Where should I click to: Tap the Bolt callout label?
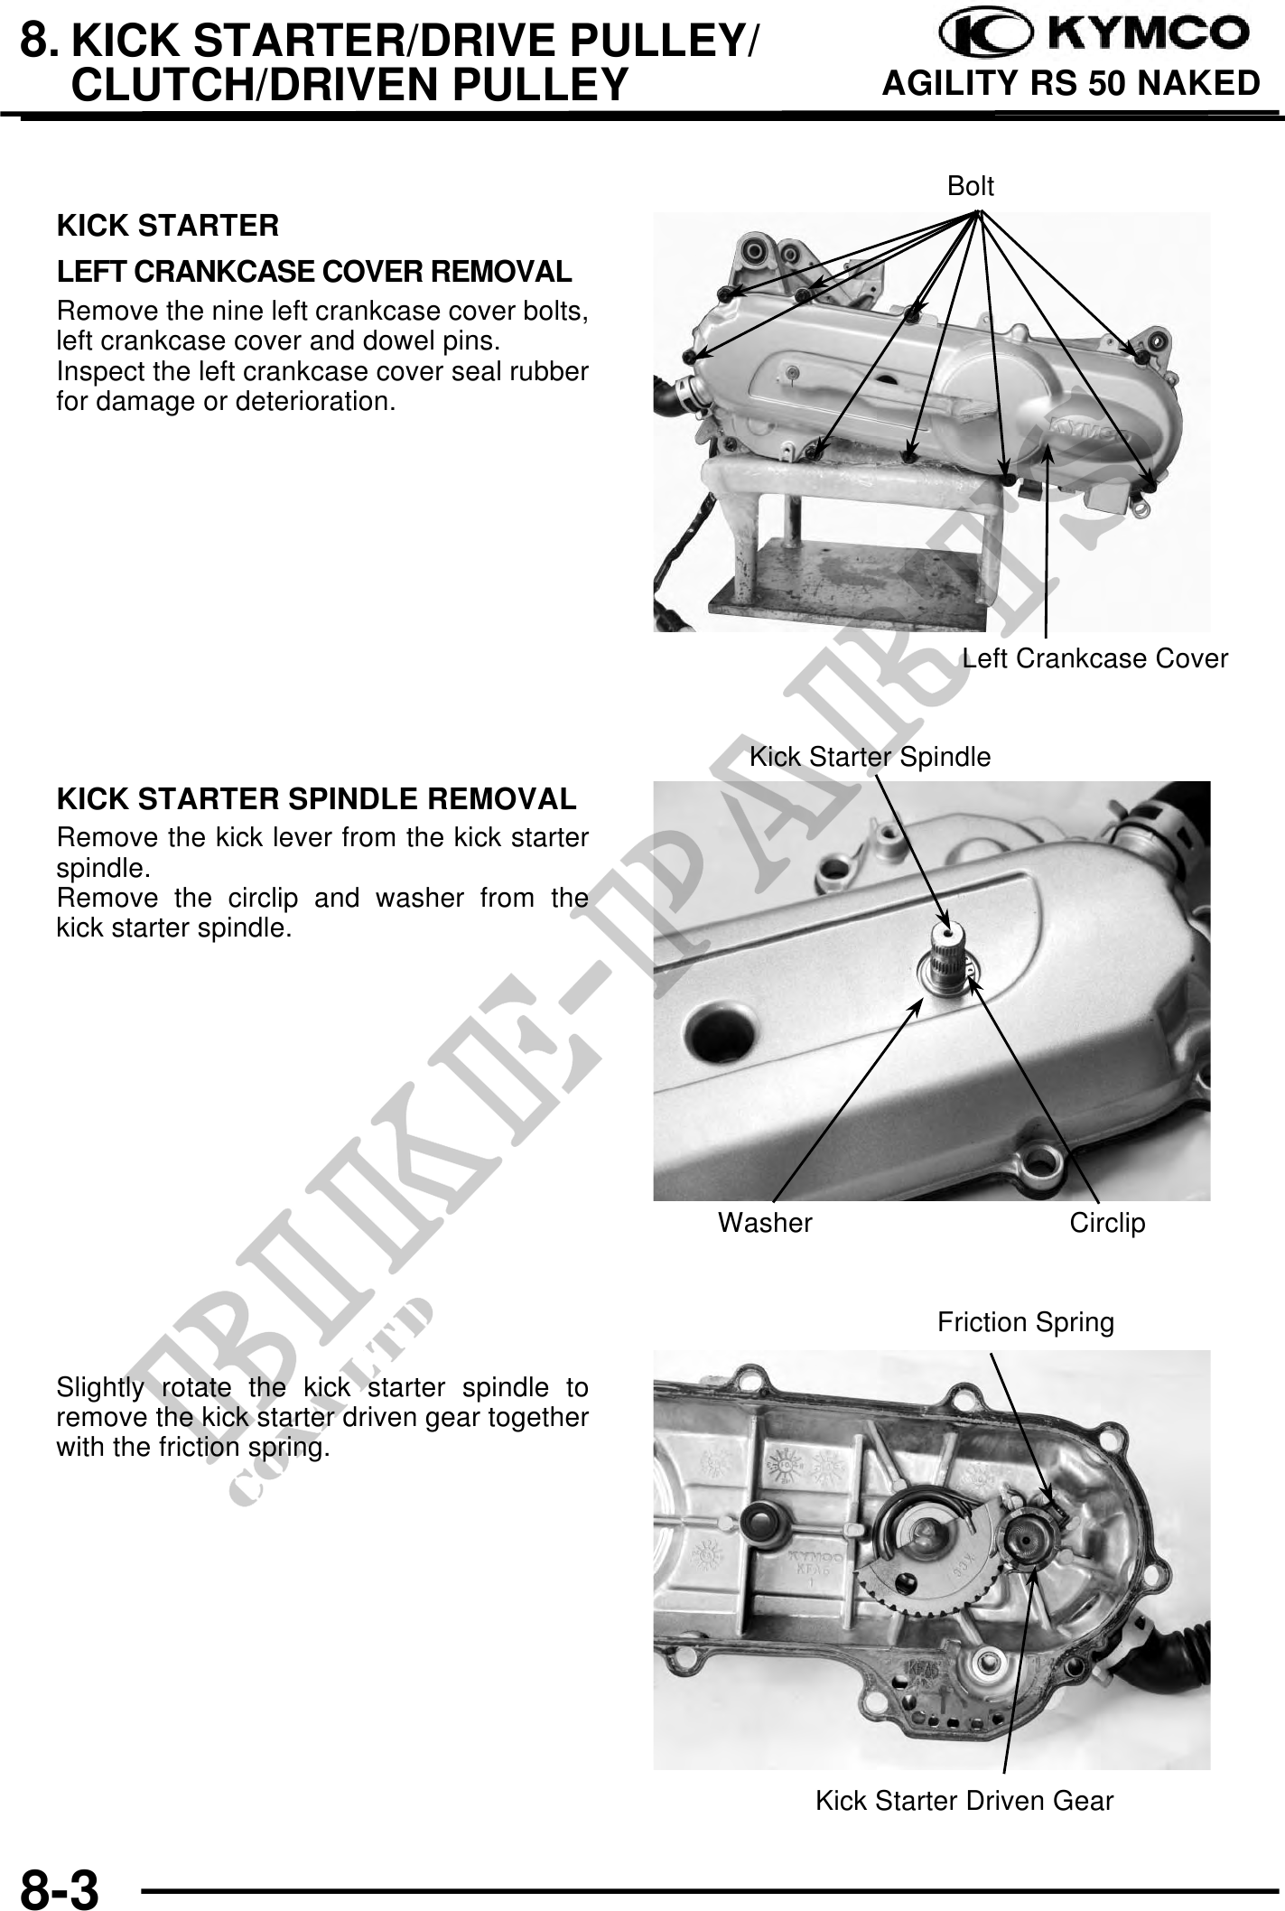(x=971, y=186)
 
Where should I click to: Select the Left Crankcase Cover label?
(x=1094, y=658)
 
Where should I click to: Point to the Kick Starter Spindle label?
(x=871, y=757)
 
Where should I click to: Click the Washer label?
(x=765, y=1223)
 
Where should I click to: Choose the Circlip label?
(x=1107, y=1223)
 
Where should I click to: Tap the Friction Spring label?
(x=1026, y=1323)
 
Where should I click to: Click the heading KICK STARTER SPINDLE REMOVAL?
(x=316, y=799)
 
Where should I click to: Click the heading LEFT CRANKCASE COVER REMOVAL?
(x=314, y=272)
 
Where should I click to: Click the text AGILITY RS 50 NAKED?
(x=1071, y=84)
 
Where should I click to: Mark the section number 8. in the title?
(x=42, y=41)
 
